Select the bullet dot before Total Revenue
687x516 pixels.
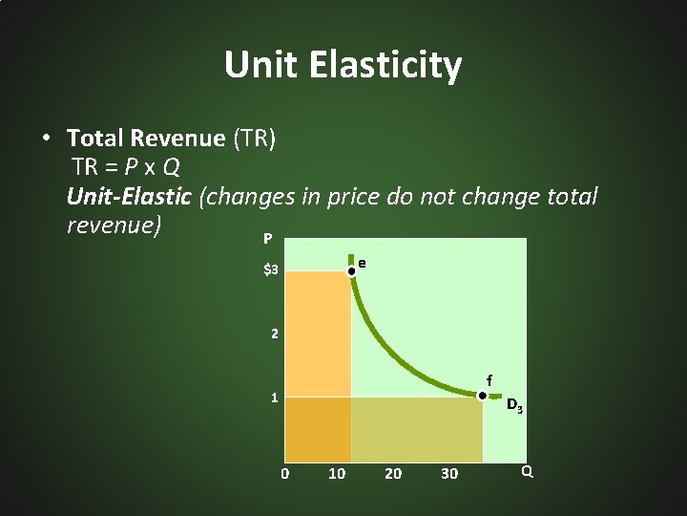point(46,139)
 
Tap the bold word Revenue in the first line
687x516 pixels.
point(177,140)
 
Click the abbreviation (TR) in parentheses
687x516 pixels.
point(254,140)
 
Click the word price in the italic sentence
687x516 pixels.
point(354,198)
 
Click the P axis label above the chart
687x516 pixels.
point(267,238)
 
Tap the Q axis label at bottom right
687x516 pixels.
point(527,471)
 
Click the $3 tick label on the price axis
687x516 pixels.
point(271,270)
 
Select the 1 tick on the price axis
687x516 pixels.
point(274,398)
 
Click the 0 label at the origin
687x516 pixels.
point(283,474)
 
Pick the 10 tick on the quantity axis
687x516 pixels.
point(336,474)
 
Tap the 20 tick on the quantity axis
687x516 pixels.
point(392,474)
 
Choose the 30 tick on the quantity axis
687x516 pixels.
point(448,474)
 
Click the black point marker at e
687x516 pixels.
point(351,271)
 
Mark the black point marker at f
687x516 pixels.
point(483,396)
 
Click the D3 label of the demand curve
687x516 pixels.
point(513,406)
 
